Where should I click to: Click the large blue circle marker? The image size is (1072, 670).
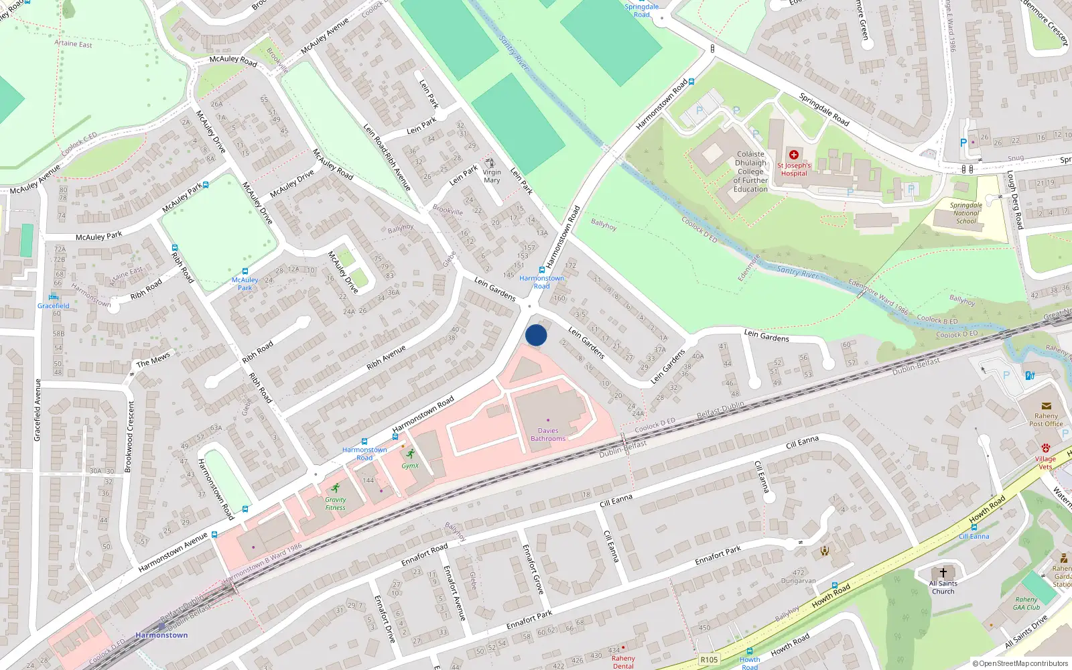click(536, 335)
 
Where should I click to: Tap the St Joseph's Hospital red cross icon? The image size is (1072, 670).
click(794, 155)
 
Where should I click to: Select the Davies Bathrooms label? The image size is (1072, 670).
click(548, 435)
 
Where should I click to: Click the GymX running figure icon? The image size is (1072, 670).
click(410, 454)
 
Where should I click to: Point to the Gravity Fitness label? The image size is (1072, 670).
click(336, 504)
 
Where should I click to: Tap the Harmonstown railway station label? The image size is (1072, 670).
click(161, 635)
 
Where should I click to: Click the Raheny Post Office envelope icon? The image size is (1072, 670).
click(1046, 406)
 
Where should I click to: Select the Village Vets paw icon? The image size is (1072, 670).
click(1045, 448)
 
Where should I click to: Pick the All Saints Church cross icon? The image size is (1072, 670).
click(943, 573)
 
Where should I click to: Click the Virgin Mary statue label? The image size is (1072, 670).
click(492, 176)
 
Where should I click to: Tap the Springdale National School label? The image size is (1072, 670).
click(966, 213)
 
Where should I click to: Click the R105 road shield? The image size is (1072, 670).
click(709, 660)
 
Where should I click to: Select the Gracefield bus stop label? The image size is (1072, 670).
click(54, 306)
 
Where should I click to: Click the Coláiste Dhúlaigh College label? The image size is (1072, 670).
click(750, 172)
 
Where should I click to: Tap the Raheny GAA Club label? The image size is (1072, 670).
click(1026, 604)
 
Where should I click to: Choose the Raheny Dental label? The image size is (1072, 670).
click(623, 662)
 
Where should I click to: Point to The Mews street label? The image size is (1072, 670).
click(153, 360)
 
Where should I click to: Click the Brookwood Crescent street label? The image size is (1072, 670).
click(130, 437)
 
